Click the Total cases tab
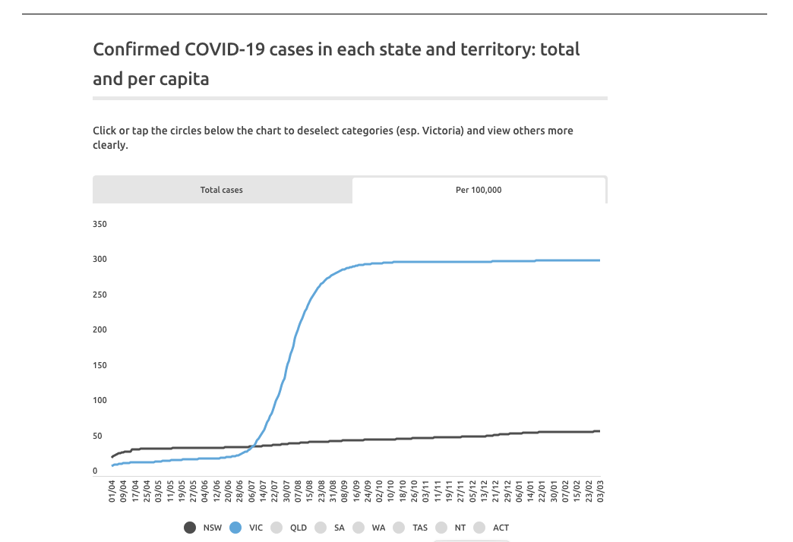(222, 190)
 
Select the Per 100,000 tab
(479, 190)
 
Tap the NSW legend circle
(191, 528)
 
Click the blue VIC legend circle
(235, 528)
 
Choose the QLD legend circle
(277, 528)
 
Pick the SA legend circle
(321, 528)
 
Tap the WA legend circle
(359, 528)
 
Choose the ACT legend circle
(479, 528)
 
